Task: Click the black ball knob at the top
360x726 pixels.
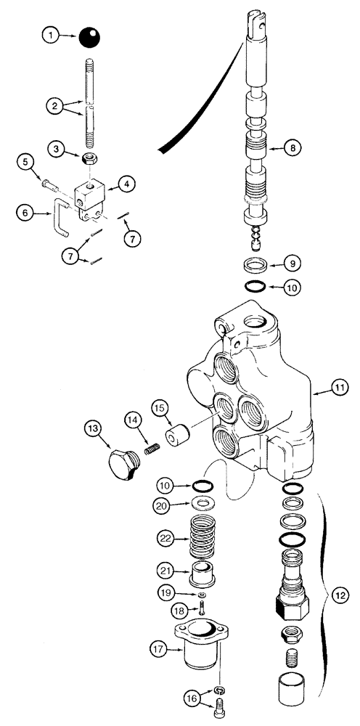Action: pyautogui.click(x=90, y=36)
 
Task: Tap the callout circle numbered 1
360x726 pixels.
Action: pyautogui.click(x=50, y=33)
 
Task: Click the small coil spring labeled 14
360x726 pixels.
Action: pyautogui.click(x=152, y=450)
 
